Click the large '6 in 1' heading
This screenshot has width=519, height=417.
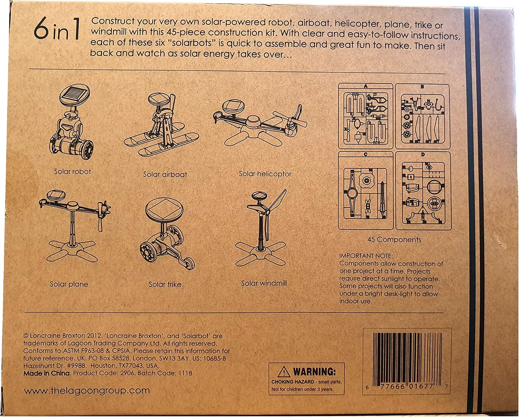57,31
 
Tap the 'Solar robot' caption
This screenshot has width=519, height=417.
72,171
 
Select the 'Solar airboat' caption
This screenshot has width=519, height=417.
165,174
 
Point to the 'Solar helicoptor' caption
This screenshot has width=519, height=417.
265,174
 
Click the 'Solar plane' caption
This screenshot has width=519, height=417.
69,284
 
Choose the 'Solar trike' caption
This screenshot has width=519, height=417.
165,284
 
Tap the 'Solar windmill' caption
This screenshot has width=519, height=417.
264,283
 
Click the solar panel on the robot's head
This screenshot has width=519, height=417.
74,96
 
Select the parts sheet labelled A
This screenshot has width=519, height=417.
365,116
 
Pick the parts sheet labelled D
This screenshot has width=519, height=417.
423,191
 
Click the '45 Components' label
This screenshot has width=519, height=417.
394,240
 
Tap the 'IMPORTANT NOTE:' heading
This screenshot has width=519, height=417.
366,256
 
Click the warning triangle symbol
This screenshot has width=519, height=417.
284,372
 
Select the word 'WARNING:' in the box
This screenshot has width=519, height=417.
314,372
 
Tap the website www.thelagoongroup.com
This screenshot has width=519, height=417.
87,391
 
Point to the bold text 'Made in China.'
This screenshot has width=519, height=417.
47,373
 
